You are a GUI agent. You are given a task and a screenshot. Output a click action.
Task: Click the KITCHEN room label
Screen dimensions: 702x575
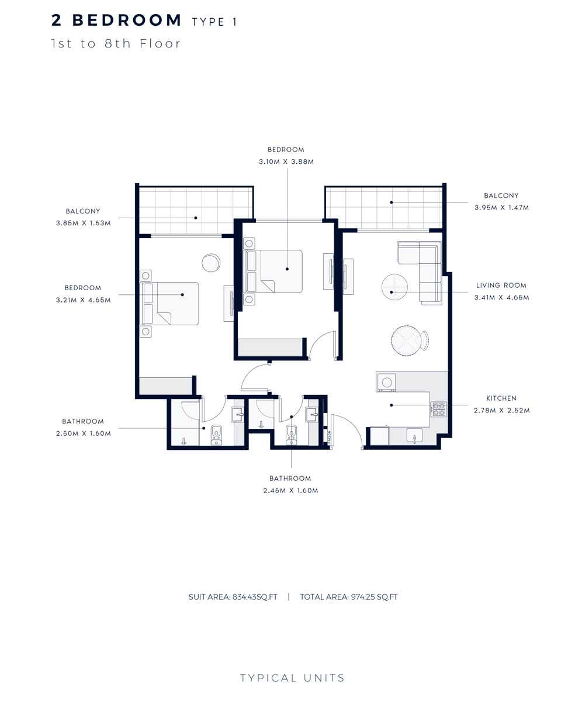click(x=501, y=398)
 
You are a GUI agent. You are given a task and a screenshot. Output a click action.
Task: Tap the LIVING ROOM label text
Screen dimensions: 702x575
click(x=501, y=285)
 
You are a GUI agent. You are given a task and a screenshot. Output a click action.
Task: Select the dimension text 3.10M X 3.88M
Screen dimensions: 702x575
click(x=286, y=161)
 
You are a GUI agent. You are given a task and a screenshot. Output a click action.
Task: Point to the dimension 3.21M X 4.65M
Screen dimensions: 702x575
click(x=84, y=300)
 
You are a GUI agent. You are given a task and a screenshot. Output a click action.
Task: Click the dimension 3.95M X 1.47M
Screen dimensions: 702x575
click(x=501, y=207)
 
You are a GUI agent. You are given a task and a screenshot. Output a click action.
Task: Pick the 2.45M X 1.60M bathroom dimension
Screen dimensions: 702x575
click(x=290, y=490)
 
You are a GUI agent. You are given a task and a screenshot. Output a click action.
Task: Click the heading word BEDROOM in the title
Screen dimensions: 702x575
click(x=126, y=20)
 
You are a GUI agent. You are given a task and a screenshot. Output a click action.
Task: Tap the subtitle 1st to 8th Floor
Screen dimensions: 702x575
click(x=116, y=43)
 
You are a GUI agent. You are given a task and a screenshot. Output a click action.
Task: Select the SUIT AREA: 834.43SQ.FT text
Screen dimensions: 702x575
click(x=233, y=597)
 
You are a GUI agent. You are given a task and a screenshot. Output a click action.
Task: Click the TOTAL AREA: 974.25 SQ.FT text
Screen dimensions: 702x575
click(x=348, y=597)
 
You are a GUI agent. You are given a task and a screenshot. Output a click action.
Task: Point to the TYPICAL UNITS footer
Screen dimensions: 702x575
click(x=292, y=678)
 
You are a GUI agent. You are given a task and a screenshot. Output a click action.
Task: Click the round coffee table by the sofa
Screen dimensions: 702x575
click(x=394, y=287)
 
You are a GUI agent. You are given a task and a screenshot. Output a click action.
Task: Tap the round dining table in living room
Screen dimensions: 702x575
click(x=406, y=340)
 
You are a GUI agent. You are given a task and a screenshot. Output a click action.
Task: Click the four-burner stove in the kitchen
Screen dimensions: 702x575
click(x=438, y=409)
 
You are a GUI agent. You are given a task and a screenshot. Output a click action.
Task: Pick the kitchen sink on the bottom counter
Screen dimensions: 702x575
click(x=414, y=436)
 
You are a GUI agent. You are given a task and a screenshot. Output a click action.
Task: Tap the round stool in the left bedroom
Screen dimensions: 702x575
click(x=210, y=263)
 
